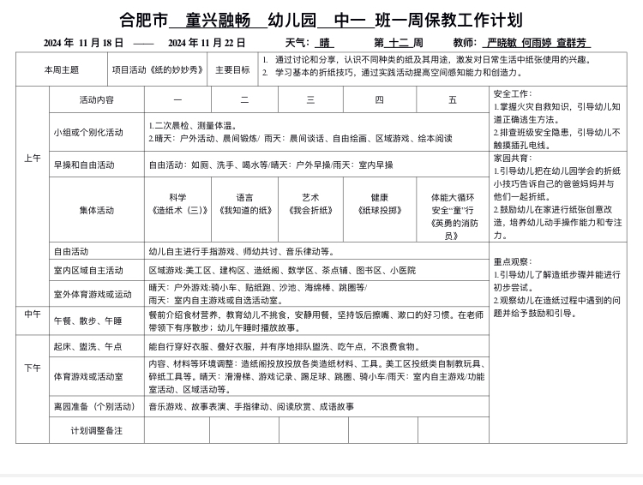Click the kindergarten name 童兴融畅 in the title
pos(218,21)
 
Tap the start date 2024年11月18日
pos(84,43)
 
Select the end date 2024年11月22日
pos(207,43)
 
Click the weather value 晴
pos(326,43)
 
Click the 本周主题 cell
pos(62,69)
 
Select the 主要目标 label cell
pos(232,69)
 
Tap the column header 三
pos(310,99)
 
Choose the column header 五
pos(453,99)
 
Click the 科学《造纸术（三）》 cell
pos(177,204)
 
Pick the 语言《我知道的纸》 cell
pos(244,204)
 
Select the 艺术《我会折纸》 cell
pos(310,204)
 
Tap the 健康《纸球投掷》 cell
pos(379,204)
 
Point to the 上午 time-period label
pos(33,159)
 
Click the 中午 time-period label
pos(33,314)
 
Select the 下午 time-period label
pos(33,368)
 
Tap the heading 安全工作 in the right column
pos(513,93)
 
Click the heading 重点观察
pos(513,261)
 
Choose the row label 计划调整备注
pos(96,429)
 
